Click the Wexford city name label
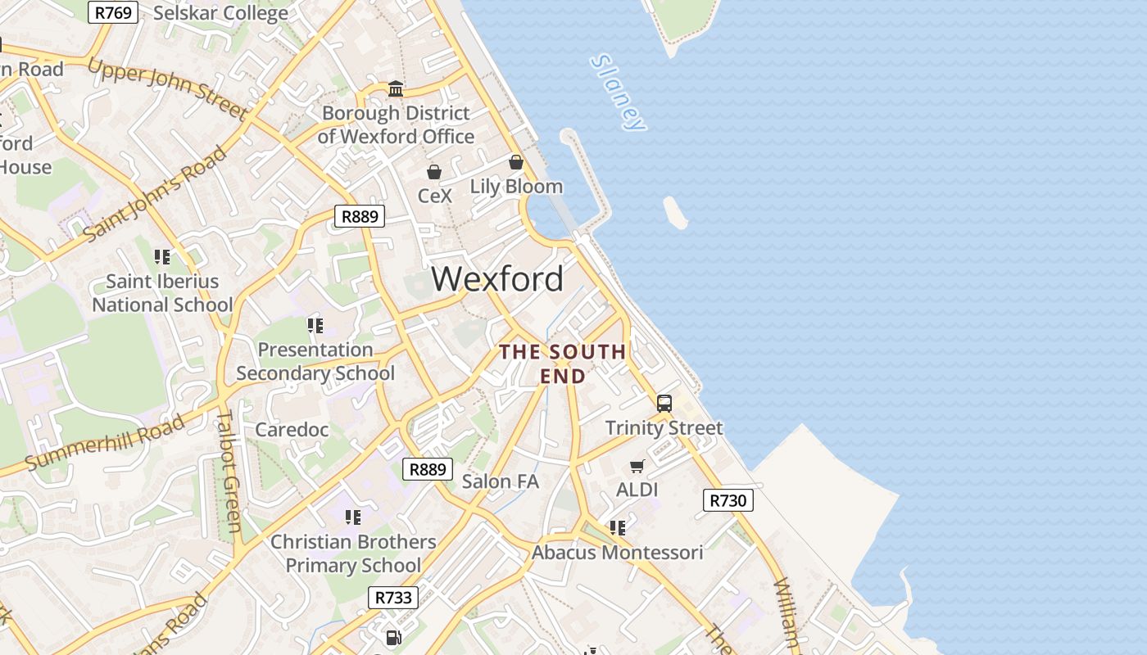(x=497, y=279)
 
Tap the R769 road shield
(x=114, y=12)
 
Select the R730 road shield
(x=728, y=500)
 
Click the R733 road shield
(x=393, y=598)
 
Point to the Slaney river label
(x=619, y=92)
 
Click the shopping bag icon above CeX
(x=434, y=172)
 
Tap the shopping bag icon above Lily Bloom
(x=516, y=162)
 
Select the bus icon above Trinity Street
(x=664, y=403)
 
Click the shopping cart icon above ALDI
(x=637, y=466)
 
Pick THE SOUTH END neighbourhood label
(x=563, y=364)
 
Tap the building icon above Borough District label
(x=396, y=88)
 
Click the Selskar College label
(x=220, y=13)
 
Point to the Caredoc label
(x=292, y=430)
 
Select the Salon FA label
(x=500, y=481)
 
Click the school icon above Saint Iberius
(x=162, y=257)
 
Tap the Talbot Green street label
(x=229, y=471)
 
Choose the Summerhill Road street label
(x=105, y=443)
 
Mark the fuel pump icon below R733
(x=393, y=636)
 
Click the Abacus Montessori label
(x=617, y=553)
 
